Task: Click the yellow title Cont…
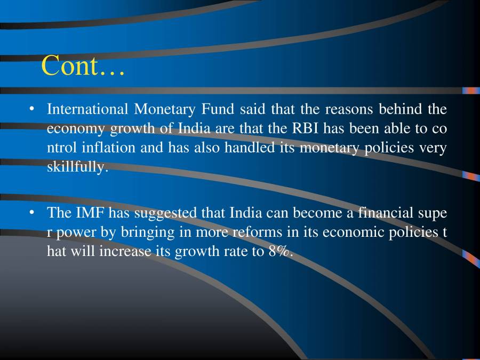click(83, 66)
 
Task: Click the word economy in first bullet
click(76, 129)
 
